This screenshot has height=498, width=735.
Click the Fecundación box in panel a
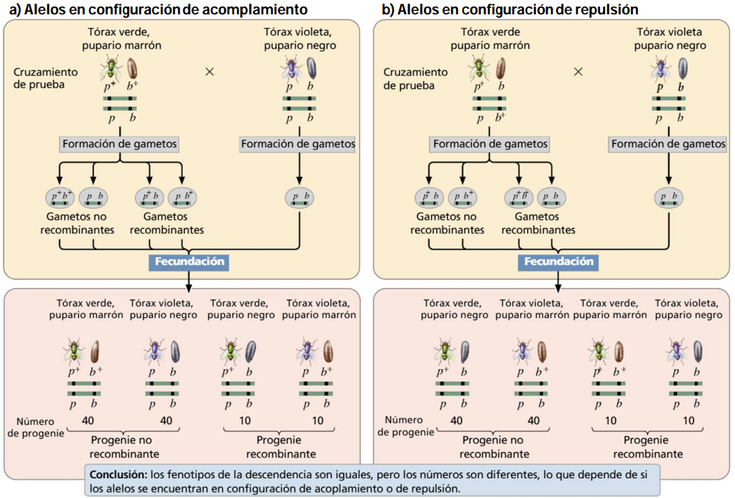point(189,262)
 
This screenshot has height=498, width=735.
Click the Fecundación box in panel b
point(558,262)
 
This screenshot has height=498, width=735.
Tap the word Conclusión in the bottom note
point(118,474)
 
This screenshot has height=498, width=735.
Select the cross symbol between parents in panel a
point(210,72)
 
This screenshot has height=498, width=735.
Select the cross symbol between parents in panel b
point(578,72)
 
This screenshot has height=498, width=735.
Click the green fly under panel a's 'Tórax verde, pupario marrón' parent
point(111,68)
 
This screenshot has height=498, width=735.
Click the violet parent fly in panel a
point(292,68)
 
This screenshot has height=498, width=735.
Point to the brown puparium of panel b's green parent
point(501,68)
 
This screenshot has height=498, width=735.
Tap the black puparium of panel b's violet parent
point(683,68)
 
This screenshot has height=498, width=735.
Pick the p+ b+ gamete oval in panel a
point(60,198)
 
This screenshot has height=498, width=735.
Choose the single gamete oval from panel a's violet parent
point(300,198)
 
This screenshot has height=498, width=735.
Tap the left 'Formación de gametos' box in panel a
point(119,144)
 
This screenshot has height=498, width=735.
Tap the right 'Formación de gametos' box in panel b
point(668,144)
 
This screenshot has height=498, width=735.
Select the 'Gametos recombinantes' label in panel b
point(538,223)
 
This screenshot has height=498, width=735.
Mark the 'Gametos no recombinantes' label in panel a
point(77,223)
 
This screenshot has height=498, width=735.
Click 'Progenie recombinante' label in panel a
point(280,447)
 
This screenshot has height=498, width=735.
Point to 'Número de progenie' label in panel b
point(405,426)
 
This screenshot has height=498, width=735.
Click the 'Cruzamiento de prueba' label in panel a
point(45,78)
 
